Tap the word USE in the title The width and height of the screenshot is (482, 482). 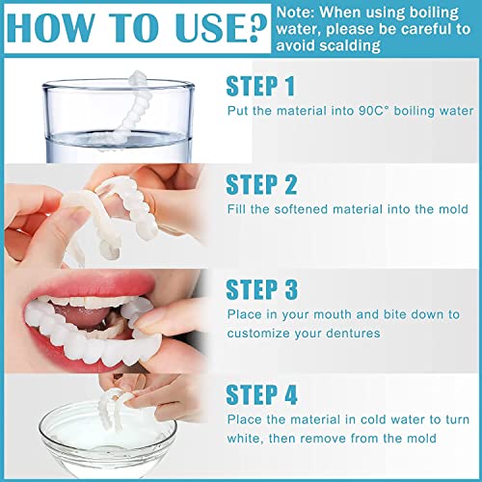coord(197,30)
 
